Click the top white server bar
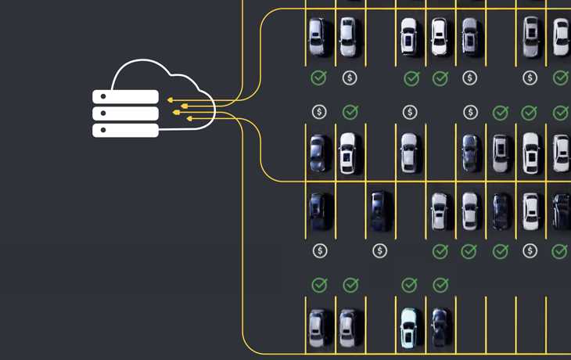coord(126,97)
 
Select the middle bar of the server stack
coord(126,113)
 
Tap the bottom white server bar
coord(126,130)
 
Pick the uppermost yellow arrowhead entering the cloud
coord(171,100)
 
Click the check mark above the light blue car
coord(409,285)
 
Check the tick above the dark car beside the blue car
coord(440,285)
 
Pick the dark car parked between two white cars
coord(501,211)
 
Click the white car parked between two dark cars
coord(531,211)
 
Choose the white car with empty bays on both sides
coord(409,152)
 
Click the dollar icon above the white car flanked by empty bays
coord(410,112)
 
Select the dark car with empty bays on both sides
coord(379,211)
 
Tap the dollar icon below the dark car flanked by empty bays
coord(380,250)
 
